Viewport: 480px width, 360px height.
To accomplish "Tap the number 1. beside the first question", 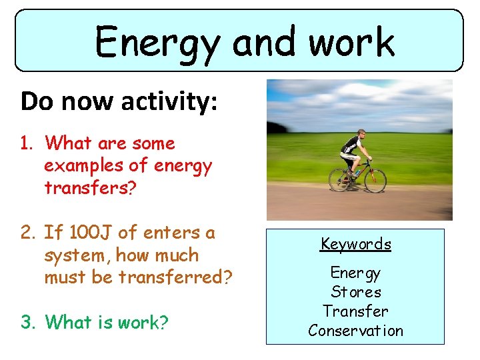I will point(29,143).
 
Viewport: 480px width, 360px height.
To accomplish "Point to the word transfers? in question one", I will point(90,188).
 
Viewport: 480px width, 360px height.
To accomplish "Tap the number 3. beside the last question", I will point(29,322).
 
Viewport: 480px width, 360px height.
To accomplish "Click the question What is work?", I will point(107,322).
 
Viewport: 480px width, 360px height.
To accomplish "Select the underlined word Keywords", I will point(355,244).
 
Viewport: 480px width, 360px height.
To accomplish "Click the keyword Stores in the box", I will point(356,292).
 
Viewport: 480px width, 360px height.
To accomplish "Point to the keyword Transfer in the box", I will point(355,311).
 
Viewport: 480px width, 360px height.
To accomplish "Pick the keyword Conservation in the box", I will point(355,331).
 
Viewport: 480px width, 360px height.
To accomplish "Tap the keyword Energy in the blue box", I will point(355,273).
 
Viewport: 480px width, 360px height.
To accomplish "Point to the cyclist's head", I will point(361,134).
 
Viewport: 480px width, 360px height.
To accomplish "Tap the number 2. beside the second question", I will point(29,233).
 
